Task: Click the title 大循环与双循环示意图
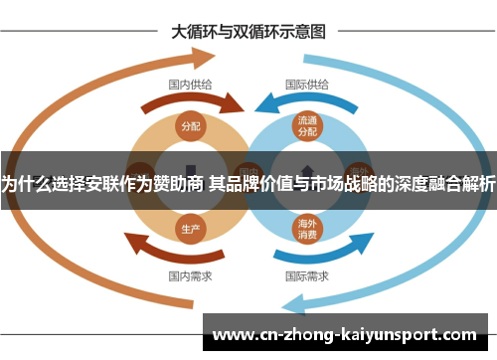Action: (x=248, y=31)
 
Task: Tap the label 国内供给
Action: (x=190, y=85)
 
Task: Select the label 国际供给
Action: (x=307, y=85)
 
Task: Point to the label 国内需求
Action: (x=190, y=274)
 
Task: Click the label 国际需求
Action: (x=307, y=274)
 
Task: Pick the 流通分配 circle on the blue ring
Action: (x=307, y=125)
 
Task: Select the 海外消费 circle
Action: (x=307, y=229)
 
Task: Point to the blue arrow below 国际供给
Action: (x=308, y=101)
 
